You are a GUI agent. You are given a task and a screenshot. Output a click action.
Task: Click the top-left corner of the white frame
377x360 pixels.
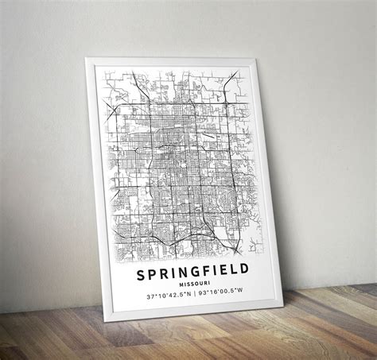tap(87, 58)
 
